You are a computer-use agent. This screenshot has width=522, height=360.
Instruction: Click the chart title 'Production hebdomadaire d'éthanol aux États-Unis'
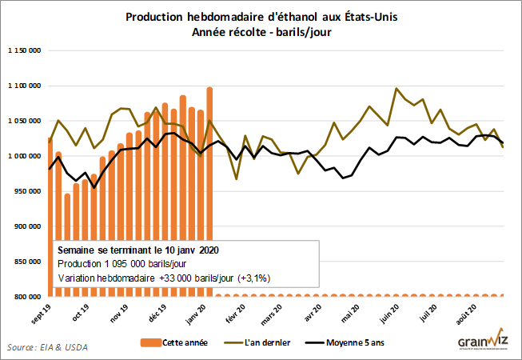pyautogui.click(x=260, y=17)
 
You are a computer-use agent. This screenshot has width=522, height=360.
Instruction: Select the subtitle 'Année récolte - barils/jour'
pyautogui.click(x=260, y=32)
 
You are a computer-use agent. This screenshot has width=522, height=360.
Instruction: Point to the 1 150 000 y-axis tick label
pyautogui.click(x=24, y=50)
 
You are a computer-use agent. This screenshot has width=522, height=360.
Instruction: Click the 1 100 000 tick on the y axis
pyautogui.click(x=24, y=86)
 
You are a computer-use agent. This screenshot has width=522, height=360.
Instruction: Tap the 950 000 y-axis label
pyautogui.click(x=26, y=191)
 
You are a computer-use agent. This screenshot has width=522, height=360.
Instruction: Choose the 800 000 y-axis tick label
pyautogui.click(x=26, y=297)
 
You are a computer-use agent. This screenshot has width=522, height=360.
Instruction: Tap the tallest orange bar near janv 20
pyautogui.click(x=209, y=160)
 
